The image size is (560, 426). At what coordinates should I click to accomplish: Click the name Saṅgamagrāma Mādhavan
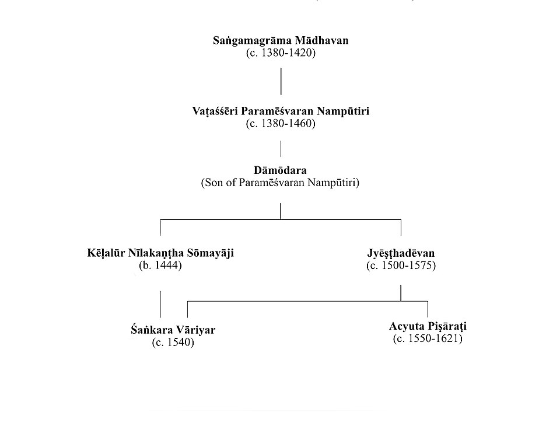tap(281, 42)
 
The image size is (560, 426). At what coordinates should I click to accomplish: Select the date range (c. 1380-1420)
tap(281, 53)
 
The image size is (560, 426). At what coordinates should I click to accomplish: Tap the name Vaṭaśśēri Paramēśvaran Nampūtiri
tap(281, 111)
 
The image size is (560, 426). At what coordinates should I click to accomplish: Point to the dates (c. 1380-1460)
tap(281, 123)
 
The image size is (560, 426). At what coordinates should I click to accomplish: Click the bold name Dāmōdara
tap(281, 171)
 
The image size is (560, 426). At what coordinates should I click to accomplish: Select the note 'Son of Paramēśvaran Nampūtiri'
tap(281, 183)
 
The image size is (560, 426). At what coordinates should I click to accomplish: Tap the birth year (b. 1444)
tap(160, 266)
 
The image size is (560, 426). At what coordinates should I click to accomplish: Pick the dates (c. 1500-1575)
tap(401, 266)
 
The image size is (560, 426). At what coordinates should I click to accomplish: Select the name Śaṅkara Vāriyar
tap(173, 330)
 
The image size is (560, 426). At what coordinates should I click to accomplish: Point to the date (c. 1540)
tap(173, 343)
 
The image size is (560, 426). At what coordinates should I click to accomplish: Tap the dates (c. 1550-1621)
tap(428, 338)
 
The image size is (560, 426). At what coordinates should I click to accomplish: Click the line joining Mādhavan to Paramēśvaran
tap(281, 81)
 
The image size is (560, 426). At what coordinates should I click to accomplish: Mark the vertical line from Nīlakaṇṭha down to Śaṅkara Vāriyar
tap(160, 303)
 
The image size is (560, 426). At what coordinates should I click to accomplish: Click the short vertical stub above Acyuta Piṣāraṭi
tap(428, 309)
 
